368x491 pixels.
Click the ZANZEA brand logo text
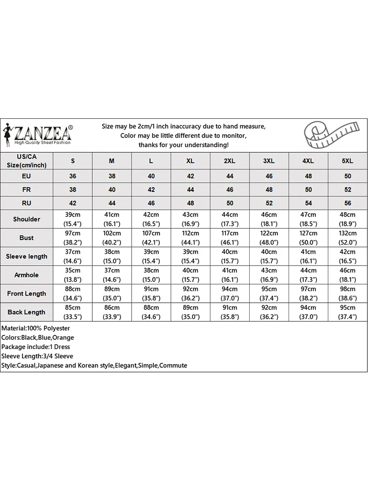tap(43, 133)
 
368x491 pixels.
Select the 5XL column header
tap(347, 161)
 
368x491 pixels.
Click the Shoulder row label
tap(26, 219)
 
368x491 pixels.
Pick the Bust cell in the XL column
tap(190, 238)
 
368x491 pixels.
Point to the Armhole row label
tap(26, 275)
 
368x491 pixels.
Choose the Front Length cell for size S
tap(73, 294)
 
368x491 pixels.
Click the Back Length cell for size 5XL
tap(347, 312)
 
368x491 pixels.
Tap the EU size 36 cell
tap(73, 176)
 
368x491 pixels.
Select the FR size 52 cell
tap(347, 189)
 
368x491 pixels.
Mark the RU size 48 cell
tap(190, 203)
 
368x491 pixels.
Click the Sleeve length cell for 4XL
tap(308, 256)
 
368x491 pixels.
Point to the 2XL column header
tap(230, 161)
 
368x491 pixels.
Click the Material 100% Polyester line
tap(36, 328)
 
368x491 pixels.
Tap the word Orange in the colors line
tap(64, 337)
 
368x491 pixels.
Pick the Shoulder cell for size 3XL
tap(269, 219)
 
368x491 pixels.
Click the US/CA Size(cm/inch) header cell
tap(26, 161)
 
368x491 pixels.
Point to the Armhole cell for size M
tap(112, 275)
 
